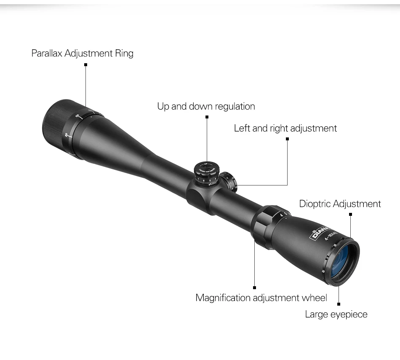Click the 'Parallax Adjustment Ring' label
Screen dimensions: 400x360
83,54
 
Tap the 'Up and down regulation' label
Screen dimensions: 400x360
206,106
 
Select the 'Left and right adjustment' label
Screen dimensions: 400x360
285,128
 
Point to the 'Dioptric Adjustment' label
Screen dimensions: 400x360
340,204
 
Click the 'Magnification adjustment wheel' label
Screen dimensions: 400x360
261,298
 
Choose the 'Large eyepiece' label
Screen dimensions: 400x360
336,314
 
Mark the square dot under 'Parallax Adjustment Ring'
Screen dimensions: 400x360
85,64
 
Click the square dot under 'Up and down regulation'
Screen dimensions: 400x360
207,117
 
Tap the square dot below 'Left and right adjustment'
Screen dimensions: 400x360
288,138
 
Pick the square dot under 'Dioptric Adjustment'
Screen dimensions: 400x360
350,214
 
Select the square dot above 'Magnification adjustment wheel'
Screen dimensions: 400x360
254,287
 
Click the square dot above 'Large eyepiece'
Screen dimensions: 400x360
339,304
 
